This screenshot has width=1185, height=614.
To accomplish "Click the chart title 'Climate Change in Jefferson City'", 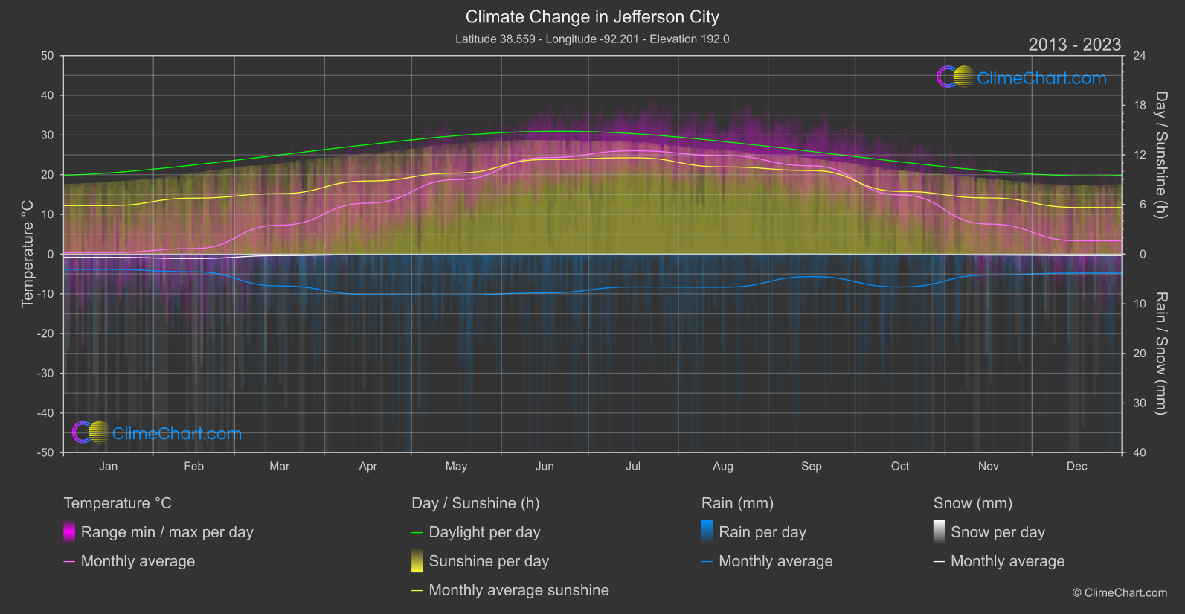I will pyautogui.click(x=592, y=17).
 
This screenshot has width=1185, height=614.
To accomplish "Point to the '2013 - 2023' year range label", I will pyautogui.click(x=1074, y=45).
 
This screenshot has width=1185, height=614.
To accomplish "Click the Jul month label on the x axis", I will pyautogui.click(x=633, y=467).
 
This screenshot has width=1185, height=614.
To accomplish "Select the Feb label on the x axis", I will pyautogui.click(x=193, y=467).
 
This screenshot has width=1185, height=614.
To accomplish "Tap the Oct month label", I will pyautogui.click(x=900, y=467).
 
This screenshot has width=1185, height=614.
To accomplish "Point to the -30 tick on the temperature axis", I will pyautogui.click(x=46, y=374).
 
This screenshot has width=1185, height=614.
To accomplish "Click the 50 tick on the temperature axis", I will pyautogui.click(x=48, y=56).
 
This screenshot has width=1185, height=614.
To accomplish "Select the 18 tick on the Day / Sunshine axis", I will pyautogui.click(x=1140, y=106).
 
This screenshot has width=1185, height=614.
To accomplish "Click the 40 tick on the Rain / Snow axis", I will pyautogui.click(x=1140, y=452).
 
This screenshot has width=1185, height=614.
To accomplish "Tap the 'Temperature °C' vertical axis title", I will pyautogui.click(x=28, y=254).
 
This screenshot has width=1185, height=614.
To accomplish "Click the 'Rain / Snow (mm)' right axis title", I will pyautogui.click(x=1160, y=354).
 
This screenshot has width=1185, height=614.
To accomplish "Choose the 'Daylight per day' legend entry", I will pyautogui.click(x=484, y=532).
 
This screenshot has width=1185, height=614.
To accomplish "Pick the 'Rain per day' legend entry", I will pyautogui.click(x=762, y=532).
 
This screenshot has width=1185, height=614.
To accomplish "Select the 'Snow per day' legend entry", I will pyautogui.click(x=998, y=532).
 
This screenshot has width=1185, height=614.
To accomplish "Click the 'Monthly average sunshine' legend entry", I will pyautogui.click(x=518, y=590).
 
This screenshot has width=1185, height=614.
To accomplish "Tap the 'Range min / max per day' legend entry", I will pyautogui.click(x=167, y=532).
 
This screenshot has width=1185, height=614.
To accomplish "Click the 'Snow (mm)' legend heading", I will pyautogui.click(x=972, y=503).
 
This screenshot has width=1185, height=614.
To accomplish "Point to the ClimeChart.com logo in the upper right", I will pyautogui.click(x=1022, y=77).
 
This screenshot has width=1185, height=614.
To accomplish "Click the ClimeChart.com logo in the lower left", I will pyautogui.click(x=157, y=433).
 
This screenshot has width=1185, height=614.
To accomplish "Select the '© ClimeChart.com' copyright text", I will pyautogui.click(x=1120, y=593).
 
